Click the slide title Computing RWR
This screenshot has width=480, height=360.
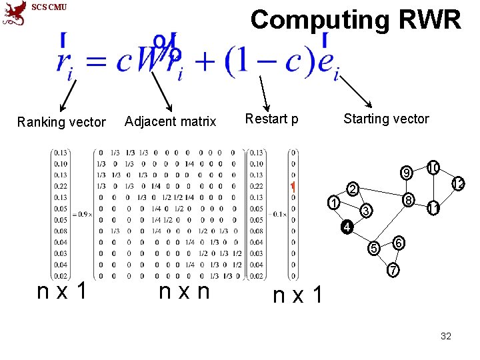pos(355,20)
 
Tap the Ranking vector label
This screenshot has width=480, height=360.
pos(61,122)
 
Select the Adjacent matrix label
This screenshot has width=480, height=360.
pos(170,121)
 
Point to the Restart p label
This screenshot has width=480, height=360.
pos(271,119)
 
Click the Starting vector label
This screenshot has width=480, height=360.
pos(386,119)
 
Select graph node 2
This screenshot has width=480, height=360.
pos(354,189)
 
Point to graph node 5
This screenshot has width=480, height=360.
pos(375,248)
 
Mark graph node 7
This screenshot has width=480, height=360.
pos(393,271)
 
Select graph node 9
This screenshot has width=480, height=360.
pos(405,175)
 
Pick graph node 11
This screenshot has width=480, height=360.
pos(433,209)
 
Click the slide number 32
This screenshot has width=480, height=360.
pos(446,336)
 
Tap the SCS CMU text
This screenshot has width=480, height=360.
pos(49,7)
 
